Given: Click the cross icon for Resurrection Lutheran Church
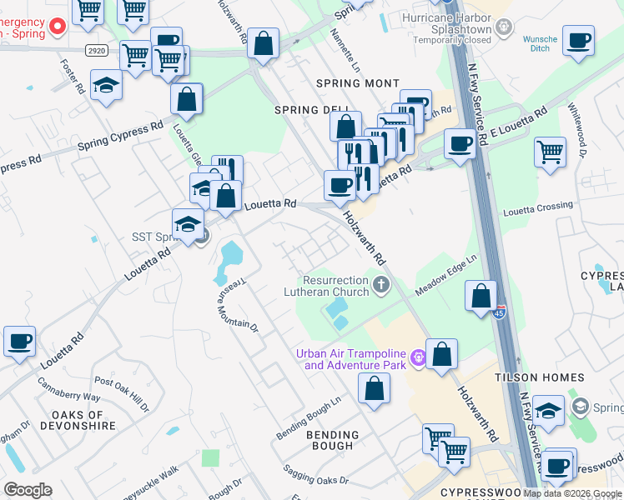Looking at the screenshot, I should click(381, 286).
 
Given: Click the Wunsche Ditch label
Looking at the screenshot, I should click(540, 44).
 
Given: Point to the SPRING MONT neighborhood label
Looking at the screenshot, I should click(357, 83).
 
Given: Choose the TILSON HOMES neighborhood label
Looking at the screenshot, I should click(552, 377).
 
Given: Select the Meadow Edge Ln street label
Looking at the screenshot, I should click(446, 275).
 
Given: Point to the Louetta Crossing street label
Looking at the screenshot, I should click(538, 207).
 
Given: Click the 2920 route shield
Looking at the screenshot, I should click(94, 51).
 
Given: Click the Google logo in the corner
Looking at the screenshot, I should click(28, 490).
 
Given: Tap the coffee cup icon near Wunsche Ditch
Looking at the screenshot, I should click(578, 39).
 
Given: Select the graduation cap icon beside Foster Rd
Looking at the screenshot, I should click(106, 85).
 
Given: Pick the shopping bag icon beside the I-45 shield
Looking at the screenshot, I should click(481, 296).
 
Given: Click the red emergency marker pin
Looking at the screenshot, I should click(58, 27).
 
